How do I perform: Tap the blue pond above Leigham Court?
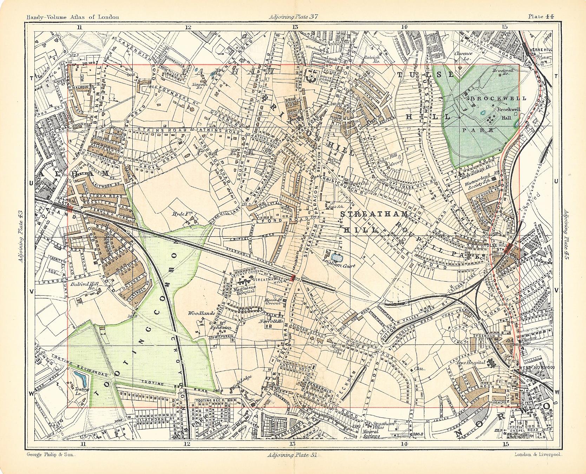[x=338, y=258]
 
